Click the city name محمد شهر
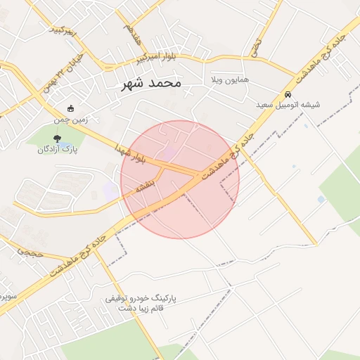(150, 83)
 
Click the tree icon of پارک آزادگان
(58, 137)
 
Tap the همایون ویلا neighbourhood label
(229, 81)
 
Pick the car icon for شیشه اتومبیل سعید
(288, 94)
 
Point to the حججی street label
(30, 251)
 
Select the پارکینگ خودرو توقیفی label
(141, 298)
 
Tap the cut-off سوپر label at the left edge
(6, 294)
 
